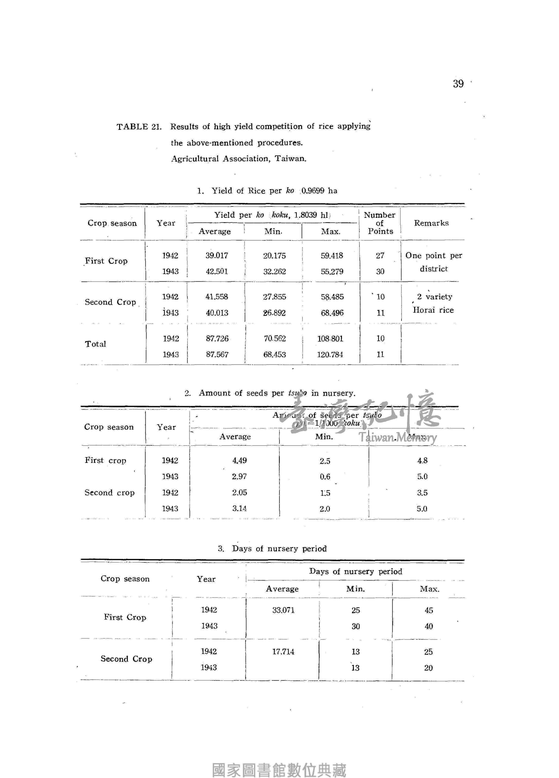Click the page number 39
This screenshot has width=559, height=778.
pyautogui.click(x=458, y=84)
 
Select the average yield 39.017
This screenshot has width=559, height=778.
pyautogui.click(x=217, y=256)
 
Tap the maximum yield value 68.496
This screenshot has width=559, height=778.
pyautogui.click(x=332, y=313)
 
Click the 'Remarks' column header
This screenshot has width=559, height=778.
pyautogui.click(x=431, y=223)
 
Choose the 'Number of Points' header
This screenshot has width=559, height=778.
pyautogui.click(x=380, y=223)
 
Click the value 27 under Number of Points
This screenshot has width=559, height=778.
pyautogui.click(x=380, y=256)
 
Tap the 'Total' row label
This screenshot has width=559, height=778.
pyautogui.click(x=95, y=344)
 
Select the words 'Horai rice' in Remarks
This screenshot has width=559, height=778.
pyautogui.click(x=433, y=310)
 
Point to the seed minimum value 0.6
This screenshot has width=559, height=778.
pyautogui.click(x=325, y=477)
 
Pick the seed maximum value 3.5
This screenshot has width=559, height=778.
pyautogui.click(x=422, y=493)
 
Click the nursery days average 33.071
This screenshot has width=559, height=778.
pyautogui.click(x=283, y=610)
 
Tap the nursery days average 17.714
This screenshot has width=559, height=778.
pyautogui.click(x=283, y=652)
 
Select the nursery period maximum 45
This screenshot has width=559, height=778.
pyautogui.click(x=429, y=610)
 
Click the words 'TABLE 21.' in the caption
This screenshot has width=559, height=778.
pyautogui.click(x=139, y=127)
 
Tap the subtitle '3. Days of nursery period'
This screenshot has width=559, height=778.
pyautogui.click(x=272, y=548)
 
